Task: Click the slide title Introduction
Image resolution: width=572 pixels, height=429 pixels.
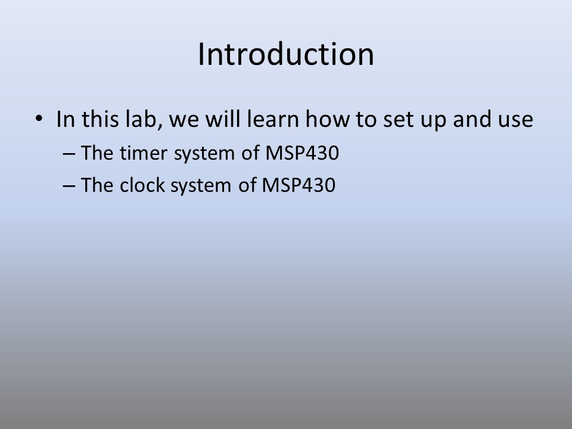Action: coord(286,54)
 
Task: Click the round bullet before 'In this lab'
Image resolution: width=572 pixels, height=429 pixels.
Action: coord(39,118)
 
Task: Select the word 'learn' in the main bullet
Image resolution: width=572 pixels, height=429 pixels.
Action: coord(273,119)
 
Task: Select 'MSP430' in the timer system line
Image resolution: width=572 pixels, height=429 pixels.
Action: coord(302,153)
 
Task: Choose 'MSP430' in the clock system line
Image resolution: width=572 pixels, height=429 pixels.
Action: coord(299,185)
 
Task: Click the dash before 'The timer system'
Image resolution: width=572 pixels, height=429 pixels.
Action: coord(69,154)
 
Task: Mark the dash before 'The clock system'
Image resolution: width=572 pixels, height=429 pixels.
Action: coord(69,186)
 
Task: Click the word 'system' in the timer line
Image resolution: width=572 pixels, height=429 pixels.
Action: coord(204,154)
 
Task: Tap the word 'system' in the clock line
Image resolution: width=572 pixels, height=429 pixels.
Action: coord(201,186)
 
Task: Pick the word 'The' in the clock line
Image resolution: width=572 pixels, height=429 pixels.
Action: coord(97,185)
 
